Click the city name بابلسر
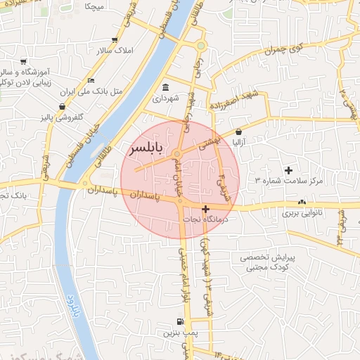click(147, 150)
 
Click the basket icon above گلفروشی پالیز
click(63, 106)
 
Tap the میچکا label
click(94, 6)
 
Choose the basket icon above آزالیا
click(239, 131)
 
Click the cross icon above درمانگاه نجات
click(205, 209)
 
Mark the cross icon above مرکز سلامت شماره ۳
click(288, 170)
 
